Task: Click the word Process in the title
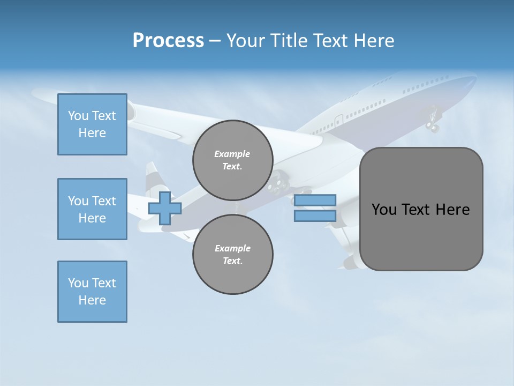coord(168,41)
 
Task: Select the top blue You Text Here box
coord(92,124)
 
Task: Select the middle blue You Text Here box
coord(92,209)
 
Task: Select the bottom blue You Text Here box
coord(92,292)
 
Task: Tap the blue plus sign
coord(165,209)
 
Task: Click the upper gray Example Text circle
coord(233,160)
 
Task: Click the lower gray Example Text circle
coord(233,255)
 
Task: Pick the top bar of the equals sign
coord(315,201)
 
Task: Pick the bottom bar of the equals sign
coord(315,216)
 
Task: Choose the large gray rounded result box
coord(421,209)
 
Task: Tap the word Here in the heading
coord(373,41)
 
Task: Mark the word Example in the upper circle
coord(232,154)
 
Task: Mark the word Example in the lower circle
coord(232,248)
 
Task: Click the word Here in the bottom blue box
coord(92,300)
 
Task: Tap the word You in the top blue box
coord(78,116)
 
